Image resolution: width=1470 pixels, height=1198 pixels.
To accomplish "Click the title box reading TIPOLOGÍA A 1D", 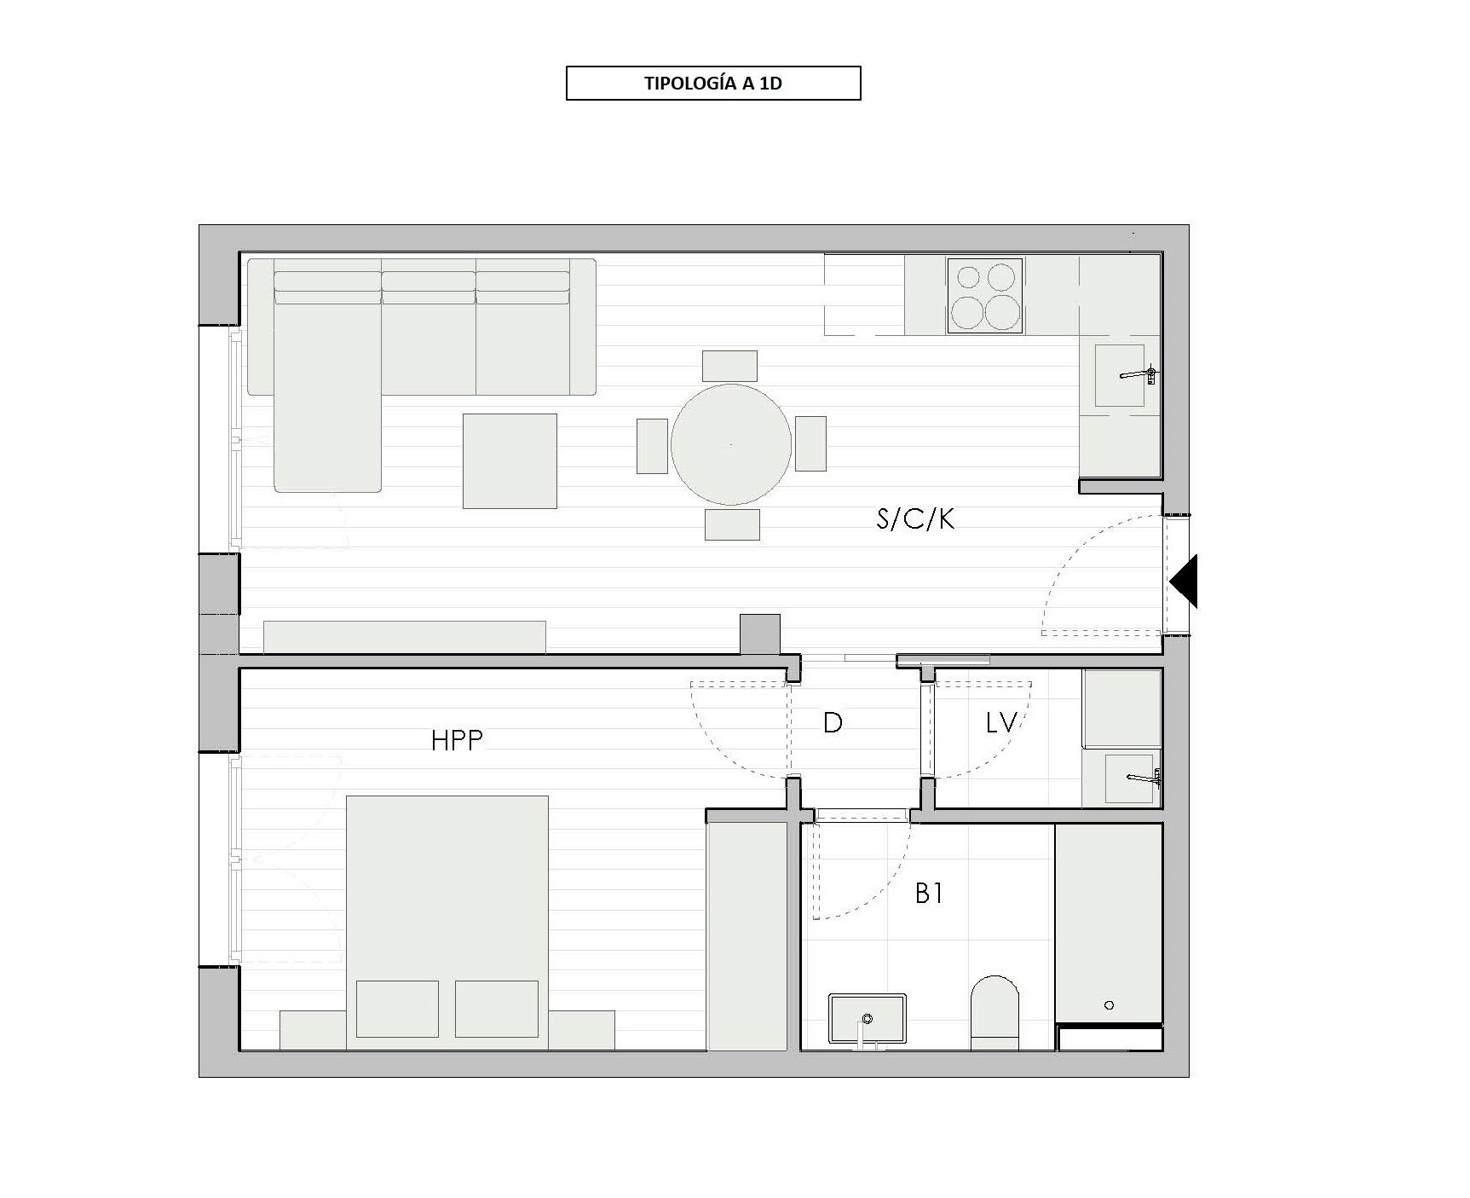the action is [x=713, y=84].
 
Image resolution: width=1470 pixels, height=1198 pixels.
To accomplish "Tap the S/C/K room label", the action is [x=915, y=519].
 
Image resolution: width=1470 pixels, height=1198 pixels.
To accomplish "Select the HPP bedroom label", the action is [x=457, y=740].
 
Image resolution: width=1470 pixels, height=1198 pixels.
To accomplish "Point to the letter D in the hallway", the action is [x=833, y=723].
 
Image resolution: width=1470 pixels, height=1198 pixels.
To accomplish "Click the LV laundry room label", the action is [x=1001, y=723].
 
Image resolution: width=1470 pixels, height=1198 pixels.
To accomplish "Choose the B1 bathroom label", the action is [x=929, y=894].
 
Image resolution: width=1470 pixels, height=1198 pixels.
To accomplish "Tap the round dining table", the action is [x=730, y=444].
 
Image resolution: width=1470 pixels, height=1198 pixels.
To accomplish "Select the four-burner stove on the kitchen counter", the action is [x=985, y=296].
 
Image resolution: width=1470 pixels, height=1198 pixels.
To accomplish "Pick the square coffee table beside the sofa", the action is [x=510, y=461].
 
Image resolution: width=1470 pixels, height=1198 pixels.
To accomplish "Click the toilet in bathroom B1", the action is [x=994, y=1013].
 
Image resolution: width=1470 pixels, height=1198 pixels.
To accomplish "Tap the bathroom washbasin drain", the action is [x=868, y=1018].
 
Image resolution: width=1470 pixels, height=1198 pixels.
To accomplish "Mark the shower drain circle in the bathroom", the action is [x=1109, y=1005].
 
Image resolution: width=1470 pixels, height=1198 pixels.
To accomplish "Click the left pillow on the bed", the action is [x=397, y=1009].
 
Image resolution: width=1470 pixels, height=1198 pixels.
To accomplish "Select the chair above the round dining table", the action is [x=729, y=366].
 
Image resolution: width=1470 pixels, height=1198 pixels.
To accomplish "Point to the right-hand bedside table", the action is [x=581, y=1031].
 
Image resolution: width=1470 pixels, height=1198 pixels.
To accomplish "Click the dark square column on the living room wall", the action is [x=759, y=634].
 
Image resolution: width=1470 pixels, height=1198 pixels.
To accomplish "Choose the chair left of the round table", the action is [x=652, y=445].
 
